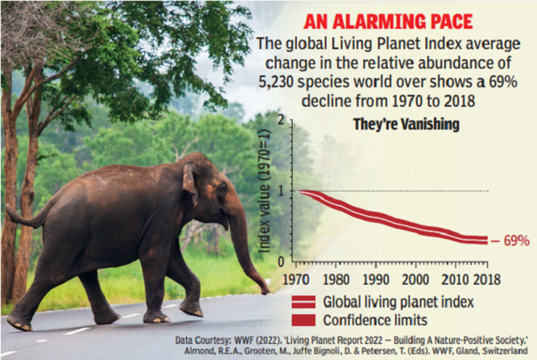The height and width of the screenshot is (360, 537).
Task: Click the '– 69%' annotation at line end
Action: coord(512,241)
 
